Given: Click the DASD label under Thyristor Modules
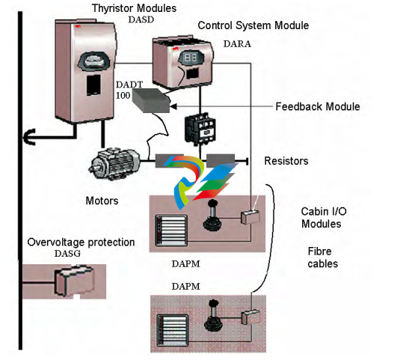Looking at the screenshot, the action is coord(141,19).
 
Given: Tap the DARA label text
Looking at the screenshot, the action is coord(237,44).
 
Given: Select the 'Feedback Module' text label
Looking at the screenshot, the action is coord(318,106).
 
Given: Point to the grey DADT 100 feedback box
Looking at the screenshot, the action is coord(151,100).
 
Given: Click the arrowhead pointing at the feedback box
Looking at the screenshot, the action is coord(173,106).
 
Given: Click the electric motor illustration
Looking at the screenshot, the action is coord(114,164).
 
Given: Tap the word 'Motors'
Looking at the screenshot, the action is coord(102,201).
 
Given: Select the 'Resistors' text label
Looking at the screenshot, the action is coord(286,161).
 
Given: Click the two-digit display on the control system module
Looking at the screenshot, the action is coord(191,58).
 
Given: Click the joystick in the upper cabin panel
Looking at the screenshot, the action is coord(212,215).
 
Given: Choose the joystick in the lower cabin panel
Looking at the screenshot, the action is coord(213,316).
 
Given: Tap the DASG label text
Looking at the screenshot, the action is coord(67,254).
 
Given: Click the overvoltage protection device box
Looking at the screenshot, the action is coord(74,281).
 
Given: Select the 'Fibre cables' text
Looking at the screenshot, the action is coord(322,257).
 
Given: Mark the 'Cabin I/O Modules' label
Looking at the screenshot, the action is coord(324,218).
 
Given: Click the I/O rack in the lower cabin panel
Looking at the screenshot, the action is coord(173,330).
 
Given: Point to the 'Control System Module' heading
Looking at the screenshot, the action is coord(253,25).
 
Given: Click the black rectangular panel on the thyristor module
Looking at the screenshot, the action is coord(93,85).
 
